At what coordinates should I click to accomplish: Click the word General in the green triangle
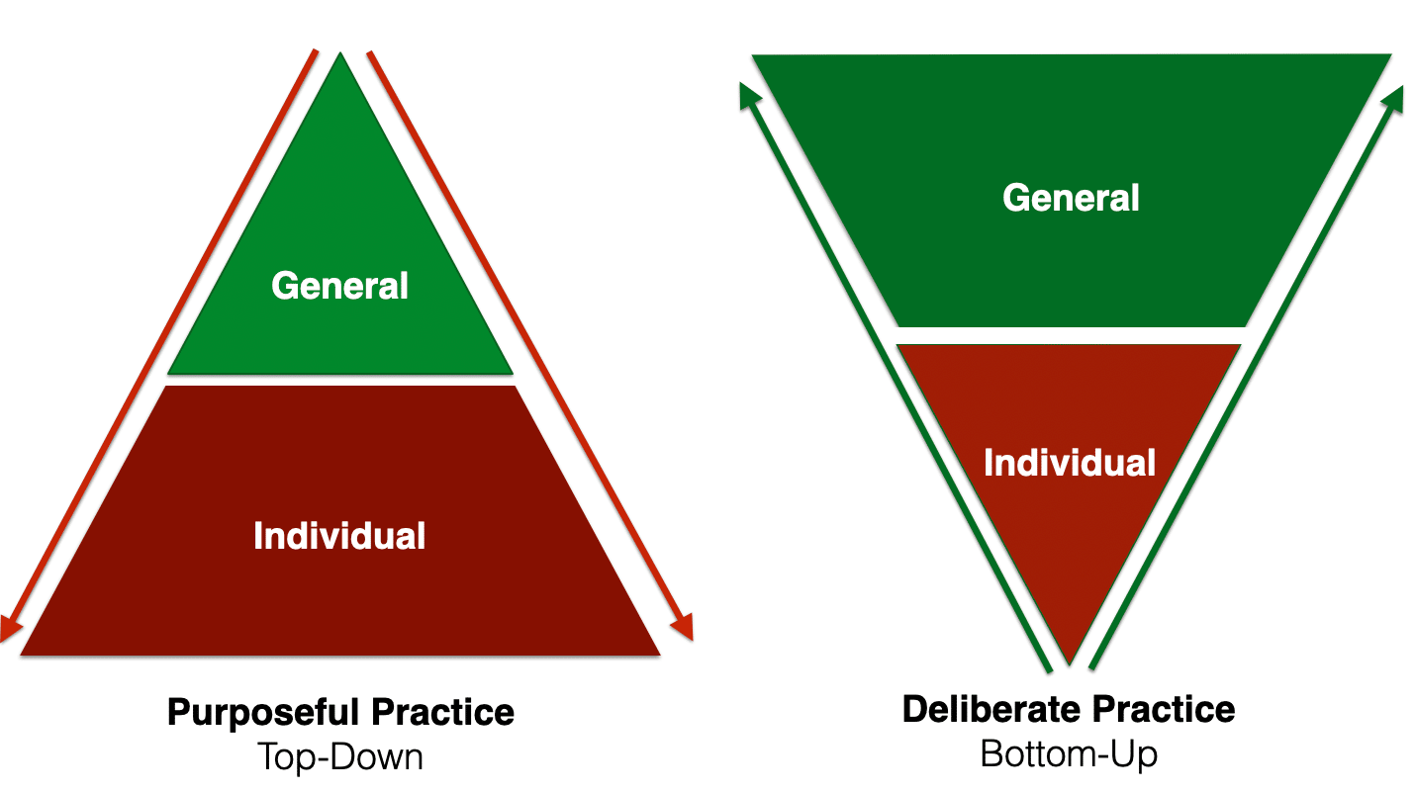[339, 286]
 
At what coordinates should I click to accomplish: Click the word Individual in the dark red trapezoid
[339, 535]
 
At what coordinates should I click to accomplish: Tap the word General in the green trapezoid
[1071, 198]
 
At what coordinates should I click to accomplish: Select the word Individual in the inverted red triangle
[1069, 463]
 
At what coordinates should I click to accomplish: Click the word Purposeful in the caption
[263, 713]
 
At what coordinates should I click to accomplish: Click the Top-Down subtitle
[339, 757]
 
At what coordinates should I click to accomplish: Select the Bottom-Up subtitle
[1069, 754]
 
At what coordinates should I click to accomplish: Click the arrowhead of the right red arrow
[682, 628]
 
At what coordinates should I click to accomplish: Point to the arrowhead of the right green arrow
[1394, 97]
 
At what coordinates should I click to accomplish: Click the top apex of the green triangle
[340, 55]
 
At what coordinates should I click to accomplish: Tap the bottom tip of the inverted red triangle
[1069, 661]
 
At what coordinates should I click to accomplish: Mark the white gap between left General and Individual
[340, 380]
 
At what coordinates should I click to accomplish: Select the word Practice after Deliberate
[1164, 709]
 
